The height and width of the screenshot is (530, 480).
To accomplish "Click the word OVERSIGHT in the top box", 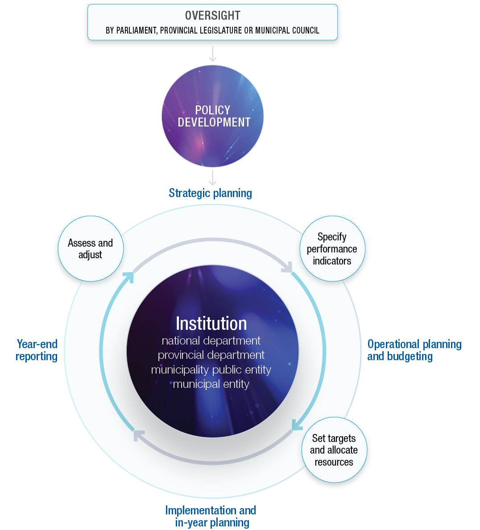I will point(212,16).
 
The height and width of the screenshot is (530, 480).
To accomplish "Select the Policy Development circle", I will point(213,116).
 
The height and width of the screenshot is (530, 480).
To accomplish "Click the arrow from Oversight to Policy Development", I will point(213,53).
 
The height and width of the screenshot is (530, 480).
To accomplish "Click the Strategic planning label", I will point(210,193).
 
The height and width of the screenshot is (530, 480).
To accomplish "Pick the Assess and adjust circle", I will point(91,249).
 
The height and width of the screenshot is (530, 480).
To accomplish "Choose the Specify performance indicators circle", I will point(332,249).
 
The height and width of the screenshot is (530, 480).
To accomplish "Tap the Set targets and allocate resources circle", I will point(334,450).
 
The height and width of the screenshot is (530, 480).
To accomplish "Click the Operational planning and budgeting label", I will point(414,350).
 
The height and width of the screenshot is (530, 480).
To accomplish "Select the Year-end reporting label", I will point(37,350).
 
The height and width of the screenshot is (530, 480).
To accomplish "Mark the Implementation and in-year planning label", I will point(211,516).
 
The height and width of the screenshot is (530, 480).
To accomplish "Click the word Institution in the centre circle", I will point(211,324).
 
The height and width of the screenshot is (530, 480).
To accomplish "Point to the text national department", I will point(211,341).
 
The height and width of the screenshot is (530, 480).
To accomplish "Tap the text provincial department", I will point(211,355).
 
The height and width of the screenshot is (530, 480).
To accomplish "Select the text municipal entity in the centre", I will point(211,384).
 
